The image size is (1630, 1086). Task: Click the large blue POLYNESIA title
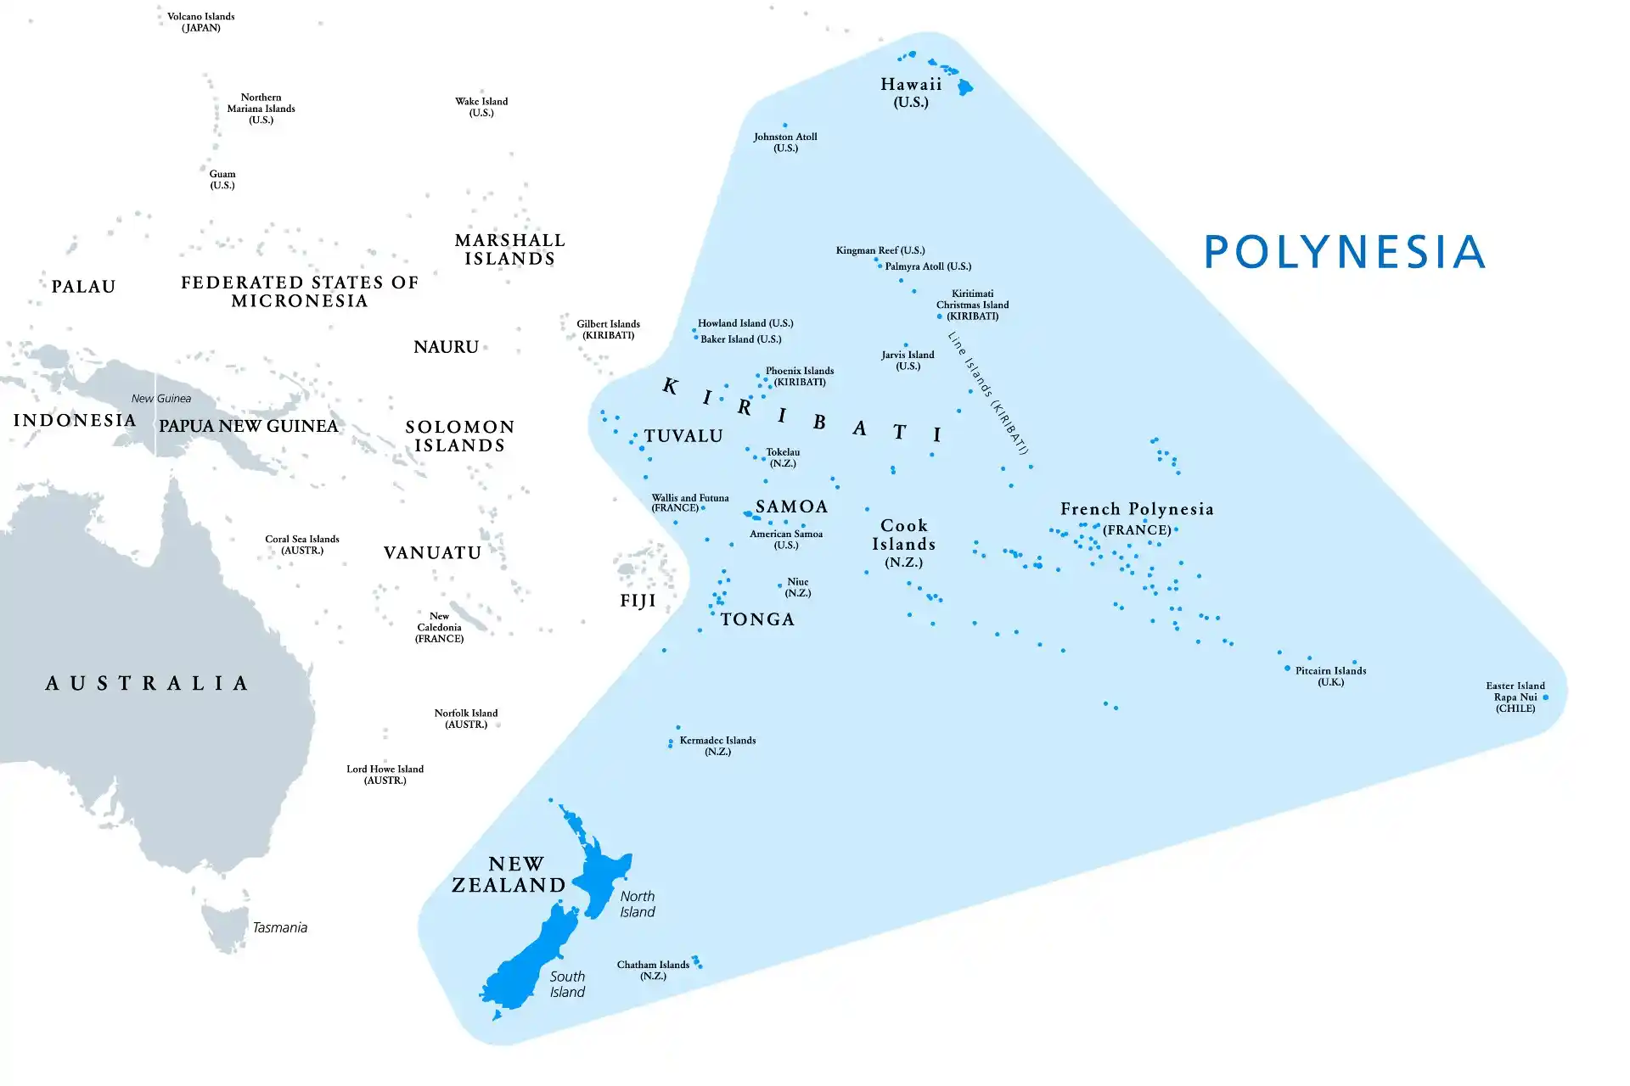click(1345, 252)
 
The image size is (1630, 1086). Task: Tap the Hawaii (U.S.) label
click(911, 92)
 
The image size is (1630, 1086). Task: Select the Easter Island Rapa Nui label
click(1515, 697)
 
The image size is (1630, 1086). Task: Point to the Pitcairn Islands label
click(1330, 675)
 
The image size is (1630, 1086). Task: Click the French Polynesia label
click(1137, 518)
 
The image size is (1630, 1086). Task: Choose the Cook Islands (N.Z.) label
click(903, 543)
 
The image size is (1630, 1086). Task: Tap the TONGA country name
click(757, 619)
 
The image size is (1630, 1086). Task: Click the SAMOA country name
click(791, 507)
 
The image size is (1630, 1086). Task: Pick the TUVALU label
click(683, 436)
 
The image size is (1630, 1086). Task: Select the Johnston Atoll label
click(785, 142)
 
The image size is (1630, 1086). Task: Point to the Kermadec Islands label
click(717, 745)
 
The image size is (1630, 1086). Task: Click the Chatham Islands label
click(653, 970)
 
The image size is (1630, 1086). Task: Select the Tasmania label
click(279, 927)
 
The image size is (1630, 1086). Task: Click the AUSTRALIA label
click(148, 683)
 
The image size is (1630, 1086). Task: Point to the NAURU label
click(446, 347)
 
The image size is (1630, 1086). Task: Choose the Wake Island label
click(481, 106)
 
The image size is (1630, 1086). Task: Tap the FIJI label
click(638, 601)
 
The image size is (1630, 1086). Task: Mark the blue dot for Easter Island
click(1545, 697)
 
